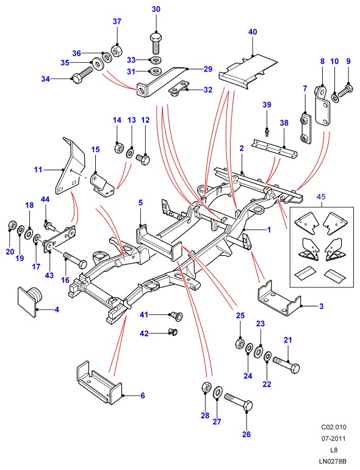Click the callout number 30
156,9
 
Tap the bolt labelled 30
156,43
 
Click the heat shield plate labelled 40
248,72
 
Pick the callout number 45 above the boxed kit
321,197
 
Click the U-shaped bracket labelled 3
279,298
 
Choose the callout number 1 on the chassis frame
269,230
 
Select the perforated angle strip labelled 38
275,149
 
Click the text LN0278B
333,461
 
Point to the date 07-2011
334,438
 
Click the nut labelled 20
12,225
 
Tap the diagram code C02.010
334,427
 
